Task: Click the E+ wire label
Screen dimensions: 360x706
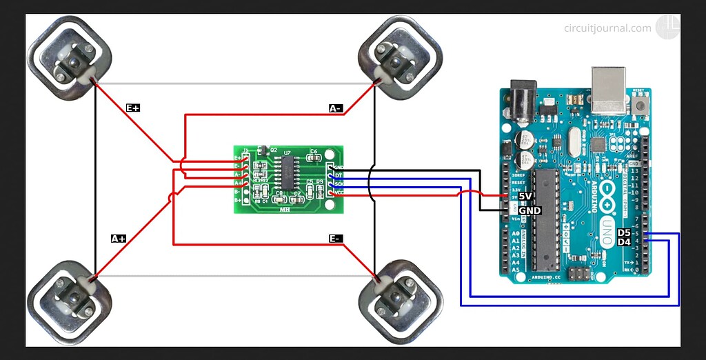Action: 133,108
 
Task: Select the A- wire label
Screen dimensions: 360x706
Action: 336,108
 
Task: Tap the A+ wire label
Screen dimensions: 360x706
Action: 119,239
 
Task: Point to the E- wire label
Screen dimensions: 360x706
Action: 336,239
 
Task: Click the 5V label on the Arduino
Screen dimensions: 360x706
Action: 526,197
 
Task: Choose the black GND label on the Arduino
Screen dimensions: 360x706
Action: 529,210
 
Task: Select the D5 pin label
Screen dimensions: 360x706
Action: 624,233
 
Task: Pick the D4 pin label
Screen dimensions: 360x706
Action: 624,242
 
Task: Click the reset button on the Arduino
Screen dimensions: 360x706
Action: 642,106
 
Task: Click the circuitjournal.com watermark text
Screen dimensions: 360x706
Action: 607,28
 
